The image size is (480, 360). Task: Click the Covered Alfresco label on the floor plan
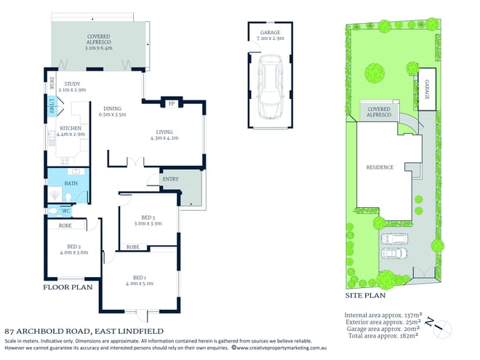98,41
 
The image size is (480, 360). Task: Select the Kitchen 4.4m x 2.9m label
73,131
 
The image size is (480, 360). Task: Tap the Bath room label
71,183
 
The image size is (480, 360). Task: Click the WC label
66,212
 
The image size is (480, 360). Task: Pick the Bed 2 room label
73,249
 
